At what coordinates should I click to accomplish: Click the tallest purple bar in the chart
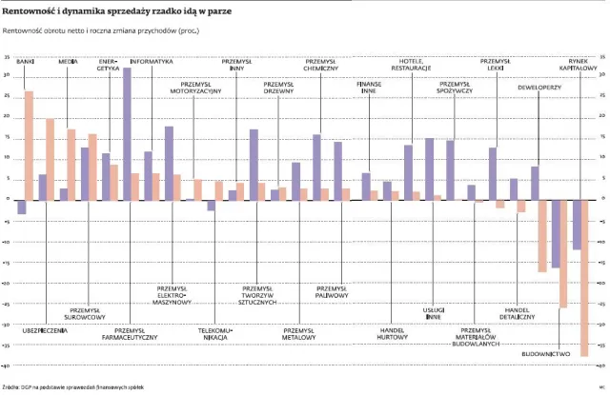tap(127, 133)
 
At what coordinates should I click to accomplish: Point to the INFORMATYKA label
tap(152, 61)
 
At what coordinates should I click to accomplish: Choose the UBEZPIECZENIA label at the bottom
tap(45, 329)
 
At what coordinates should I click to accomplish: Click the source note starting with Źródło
tap(72, 387)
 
